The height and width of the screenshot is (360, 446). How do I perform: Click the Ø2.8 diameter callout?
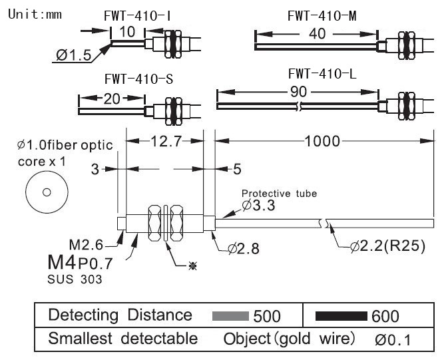point(244,250)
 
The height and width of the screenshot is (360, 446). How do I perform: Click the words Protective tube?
point(280,194)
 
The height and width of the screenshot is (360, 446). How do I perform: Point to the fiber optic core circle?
point(47,193)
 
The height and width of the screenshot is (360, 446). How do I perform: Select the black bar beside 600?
point(341,315)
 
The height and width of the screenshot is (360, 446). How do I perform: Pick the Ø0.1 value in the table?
point(393,339)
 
